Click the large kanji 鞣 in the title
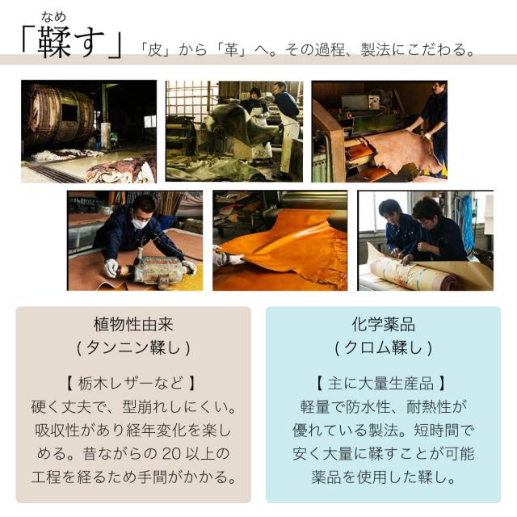click(x=54, y=42)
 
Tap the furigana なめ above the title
click(x=54, y=16)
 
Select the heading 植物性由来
click(x=133, y=325)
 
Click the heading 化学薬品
click(x=384, y=325)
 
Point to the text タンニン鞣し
click(x=133, y=347)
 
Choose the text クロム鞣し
click(x=384, y=347)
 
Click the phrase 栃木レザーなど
click(x=131, y=384)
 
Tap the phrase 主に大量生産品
click(x=380, y=384)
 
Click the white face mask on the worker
click(x=140, y=223)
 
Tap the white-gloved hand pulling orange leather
click(x=236, y=258)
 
